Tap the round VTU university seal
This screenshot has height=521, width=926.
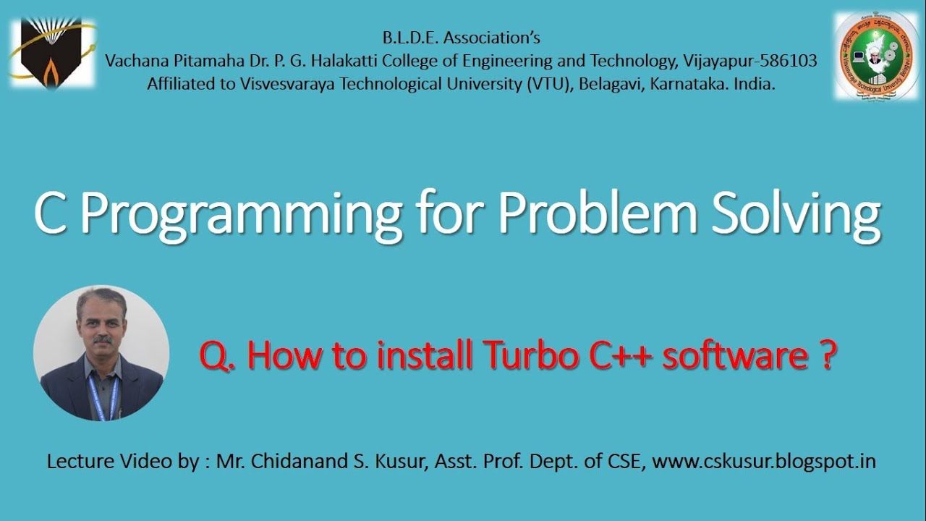coord(878,56)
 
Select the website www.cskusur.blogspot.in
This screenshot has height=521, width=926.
coord(764,462)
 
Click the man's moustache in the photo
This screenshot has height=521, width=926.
coord(102,339)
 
